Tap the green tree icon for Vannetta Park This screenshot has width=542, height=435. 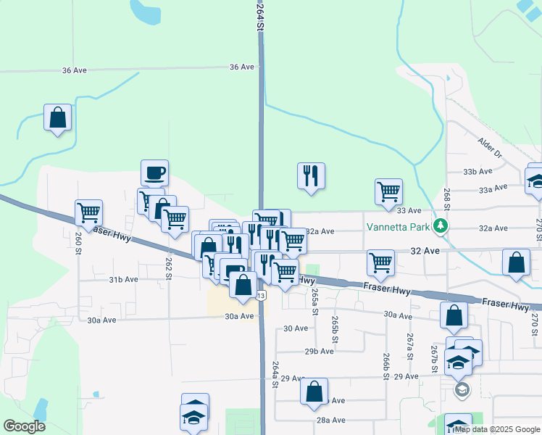(x=440, y=225)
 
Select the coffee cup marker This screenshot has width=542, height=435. (x=154, y=173)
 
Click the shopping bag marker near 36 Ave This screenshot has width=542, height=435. (x=57, y=117)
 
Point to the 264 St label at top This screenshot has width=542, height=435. (x=258, y=16)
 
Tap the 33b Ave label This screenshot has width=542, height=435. (x=478, y=172)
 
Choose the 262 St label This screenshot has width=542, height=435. (x=168, y=266)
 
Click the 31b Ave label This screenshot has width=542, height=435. (x=123, y=279)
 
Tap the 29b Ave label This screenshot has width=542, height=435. (x=319, y=351)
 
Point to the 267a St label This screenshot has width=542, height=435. (x=410, y=341)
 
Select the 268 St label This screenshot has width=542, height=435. (x=447, y=197)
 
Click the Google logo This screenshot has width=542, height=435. (x=24, y=426)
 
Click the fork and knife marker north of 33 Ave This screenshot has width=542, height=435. (x=311, y=176)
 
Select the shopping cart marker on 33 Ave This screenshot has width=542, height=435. (x=388, y=192)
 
